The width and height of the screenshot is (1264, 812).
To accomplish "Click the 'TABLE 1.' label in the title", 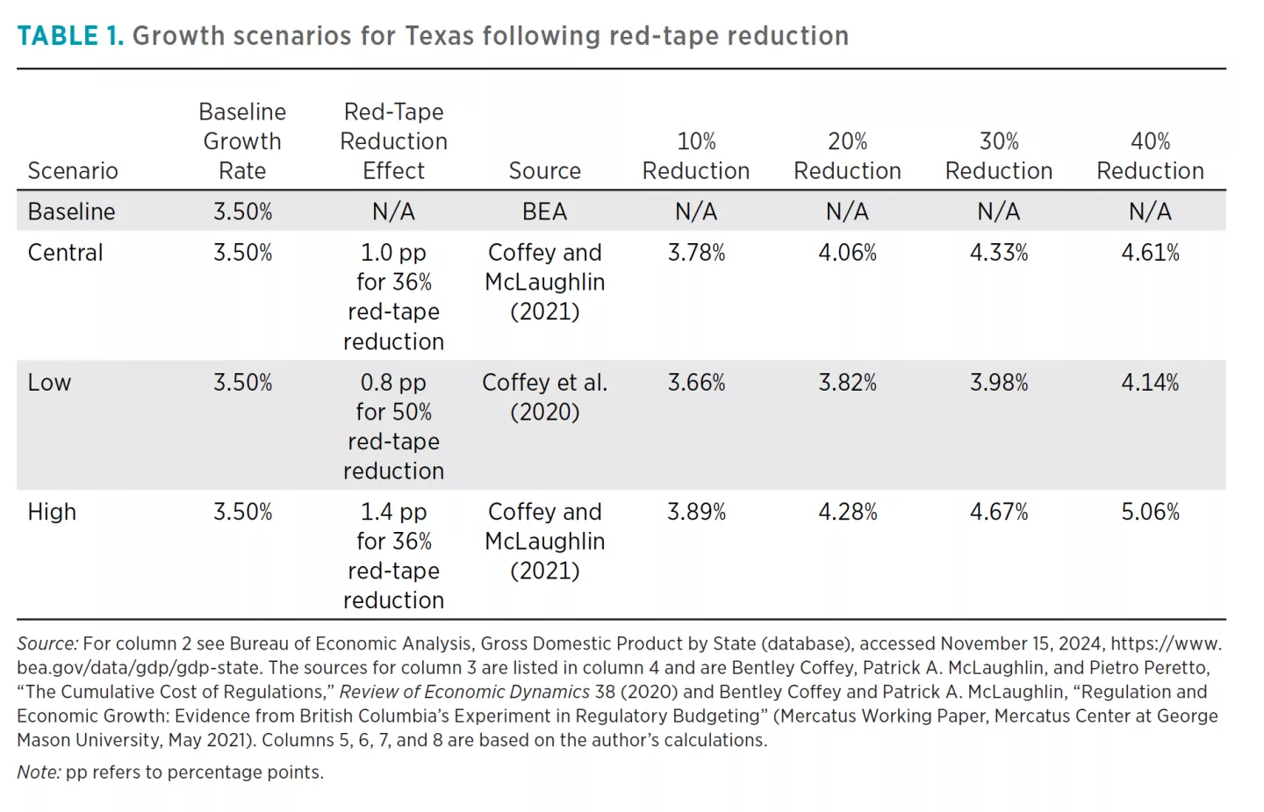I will pos(70,36).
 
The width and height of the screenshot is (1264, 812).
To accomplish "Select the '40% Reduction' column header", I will pos(1150,156).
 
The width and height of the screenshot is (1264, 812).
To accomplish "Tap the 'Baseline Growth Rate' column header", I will pos(242,141).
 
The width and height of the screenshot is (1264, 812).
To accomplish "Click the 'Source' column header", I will pos(544,171).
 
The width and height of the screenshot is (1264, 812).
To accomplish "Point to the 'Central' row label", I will pos(66,253).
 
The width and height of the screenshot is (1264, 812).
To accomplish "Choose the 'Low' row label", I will pos(49,383).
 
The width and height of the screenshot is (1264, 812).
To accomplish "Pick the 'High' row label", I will pos(52,512).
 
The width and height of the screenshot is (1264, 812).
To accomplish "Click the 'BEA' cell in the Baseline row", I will pos(544,212).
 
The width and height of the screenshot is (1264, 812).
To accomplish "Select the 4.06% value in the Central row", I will pos(847,253).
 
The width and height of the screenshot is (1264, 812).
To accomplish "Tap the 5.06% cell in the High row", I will pos(1150,512).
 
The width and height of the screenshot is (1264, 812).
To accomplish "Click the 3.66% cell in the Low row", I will pos(696,383).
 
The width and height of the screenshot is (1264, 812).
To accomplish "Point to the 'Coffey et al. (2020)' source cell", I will pos(544,397).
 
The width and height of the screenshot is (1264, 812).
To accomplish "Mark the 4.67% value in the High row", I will pos(998,512).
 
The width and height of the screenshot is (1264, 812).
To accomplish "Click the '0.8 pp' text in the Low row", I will pos(393,383).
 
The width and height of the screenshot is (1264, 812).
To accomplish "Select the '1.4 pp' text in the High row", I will pos(393,512).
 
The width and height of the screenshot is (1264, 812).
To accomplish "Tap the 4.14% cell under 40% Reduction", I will pos(1150,383).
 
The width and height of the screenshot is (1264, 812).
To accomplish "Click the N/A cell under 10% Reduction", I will pos(696,212).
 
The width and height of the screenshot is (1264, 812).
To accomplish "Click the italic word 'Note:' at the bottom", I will pos(39,772).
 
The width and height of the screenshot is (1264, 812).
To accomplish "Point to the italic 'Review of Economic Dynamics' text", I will pos(464,693).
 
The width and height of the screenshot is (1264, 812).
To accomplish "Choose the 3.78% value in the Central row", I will pos(696,253).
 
